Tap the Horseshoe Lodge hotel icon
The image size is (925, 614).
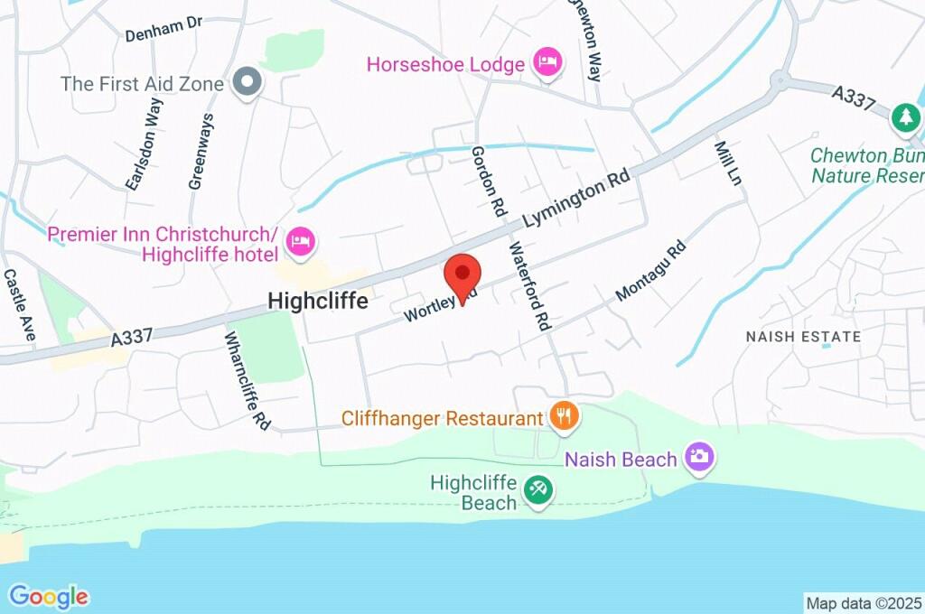547,62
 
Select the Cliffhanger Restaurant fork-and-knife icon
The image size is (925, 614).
564,416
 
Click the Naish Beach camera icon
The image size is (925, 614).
699,457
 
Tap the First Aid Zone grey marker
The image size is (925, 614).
247,83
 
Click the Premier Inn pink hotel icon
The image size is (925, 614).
299,241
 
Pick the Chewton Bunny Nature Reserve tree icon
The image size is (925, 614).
904,116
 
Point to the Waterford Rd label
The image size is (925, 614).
529,285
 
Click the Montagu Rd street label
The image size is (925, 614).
650,271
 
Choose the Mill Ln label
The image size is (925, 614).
728,163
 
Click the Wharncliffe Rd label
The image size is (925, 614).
248,379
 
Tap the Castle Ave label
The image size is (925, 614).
18,304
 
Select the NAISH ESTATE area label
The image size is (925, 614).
803,337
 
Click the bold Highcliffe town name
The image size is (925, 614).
318,302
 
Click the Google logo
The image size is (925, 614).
49,596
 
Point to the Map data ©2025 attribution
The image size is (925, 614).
863,602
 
